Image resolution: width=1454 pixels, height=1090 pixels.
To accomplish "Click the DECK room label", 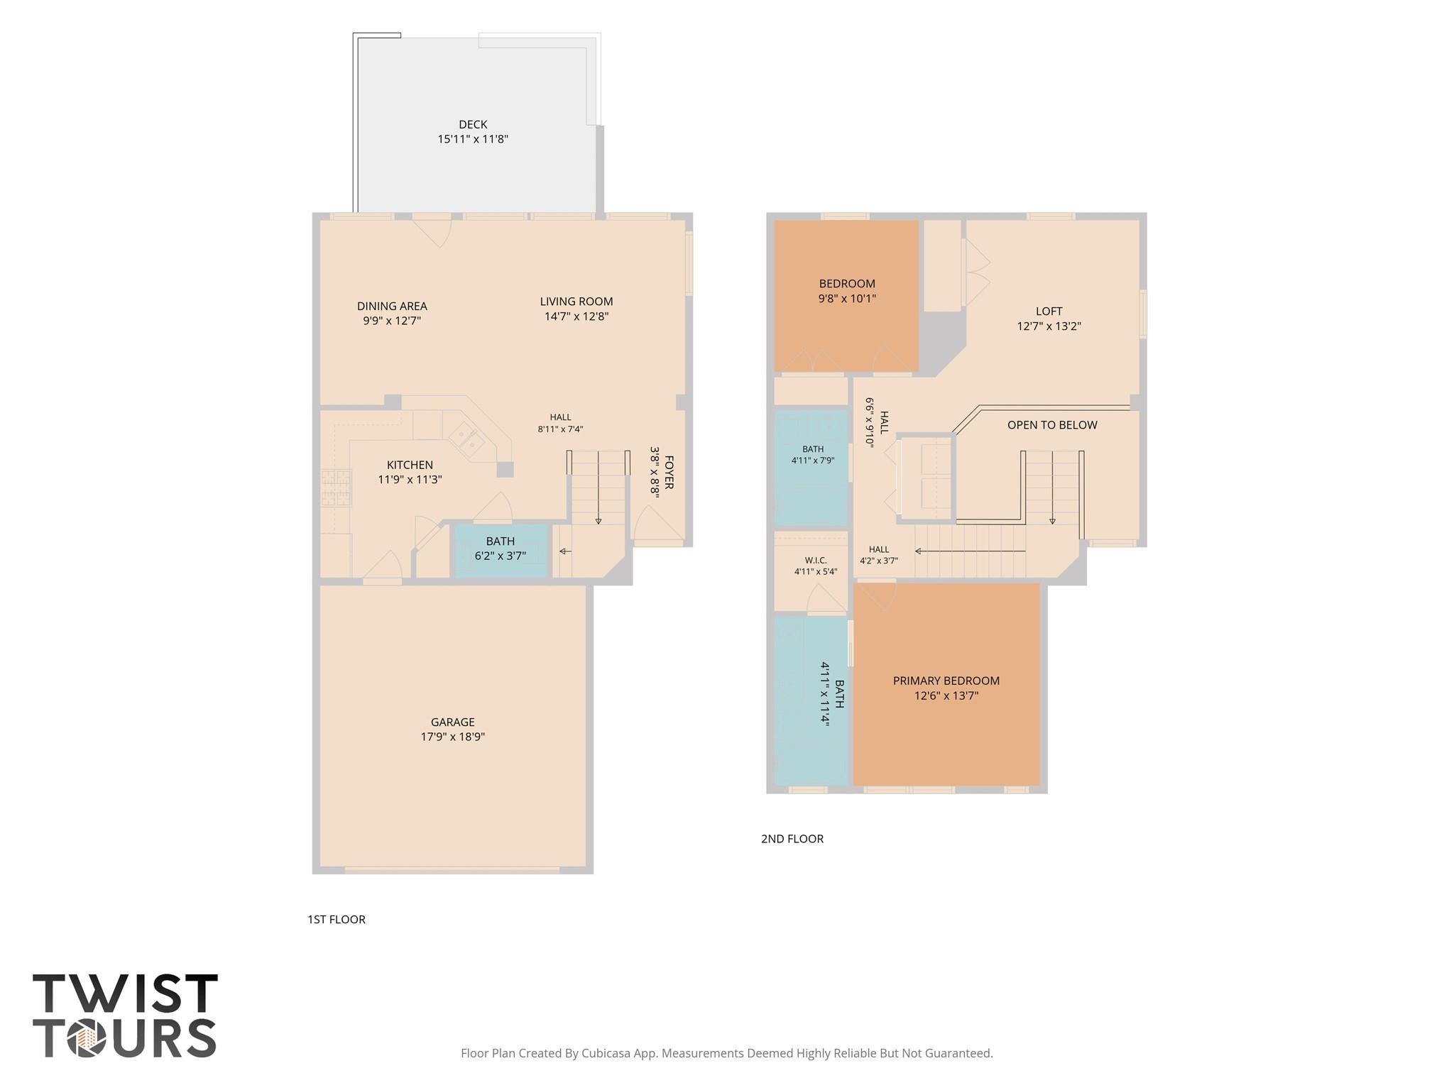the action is click(x=473, y=125).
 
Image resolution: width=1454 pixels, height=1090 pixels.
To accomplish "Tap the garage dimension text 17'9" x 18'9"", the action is click(x=453, y=737).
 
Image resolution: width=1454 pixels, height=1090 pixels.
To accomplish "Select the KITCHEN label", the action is click(x=410, y=465).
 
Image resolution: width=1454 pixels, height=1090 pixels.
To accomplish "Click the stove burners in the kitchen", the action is click(x=336, y=488).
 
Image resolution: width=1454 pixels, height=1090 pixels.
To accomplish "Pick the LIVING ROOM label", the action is click(x=576, y=302).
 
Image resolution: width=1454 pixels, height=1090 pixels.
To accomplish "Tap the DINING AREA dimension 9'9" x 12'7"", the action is click(x=392, y=321).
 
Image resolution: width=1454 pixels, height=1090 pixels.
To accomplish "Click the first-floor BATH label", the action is click(x=501, y=541).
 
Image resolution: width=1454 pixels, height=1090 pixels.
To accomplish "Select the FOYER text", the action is click(x=669, y=473).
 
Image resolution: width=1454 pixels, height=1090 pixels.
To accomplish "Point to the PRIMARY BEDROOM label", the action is click(x=946, y=681).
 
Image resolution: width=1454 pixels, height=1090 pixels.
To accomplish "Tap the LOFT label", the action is click(x=1049, y=312).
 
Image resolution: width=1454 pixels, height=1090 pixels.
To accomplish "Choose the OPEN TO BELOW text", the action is click(x=1052, y=425).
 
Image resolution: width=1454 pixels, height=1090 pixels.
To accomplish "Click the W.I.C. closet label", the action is click(x=816, y=561).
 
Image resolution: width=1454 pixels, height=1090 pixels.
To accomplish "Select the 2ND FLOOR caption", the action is click(x=792, y=839).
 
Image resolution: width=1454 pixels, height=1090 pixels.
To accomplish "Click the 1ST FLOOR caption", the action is click(x=337, y=920).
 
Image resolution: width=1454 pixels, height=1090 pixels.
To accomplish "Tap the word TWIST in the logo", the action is click(x=125, y=993).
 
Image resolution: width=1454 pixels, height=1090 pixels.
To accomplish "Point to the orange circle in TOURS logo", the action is click(x=88, y=1039).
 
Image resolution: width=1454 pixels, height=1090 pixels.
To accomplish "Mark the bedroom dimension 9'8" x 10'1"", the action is click(x=847, y=299).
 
